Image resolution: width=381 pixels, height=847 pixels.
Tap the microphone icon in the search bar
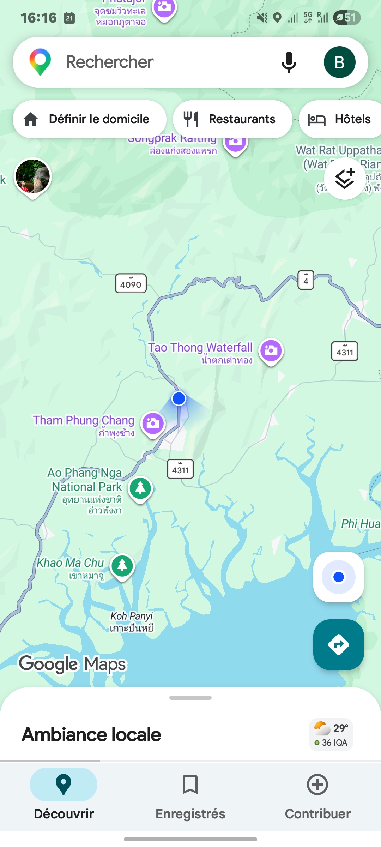point(289,62)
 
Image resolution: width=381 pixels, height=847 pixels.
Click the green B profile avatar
point(339,62)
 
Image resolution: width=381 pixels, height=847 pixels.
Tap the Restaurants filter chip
point(232,119)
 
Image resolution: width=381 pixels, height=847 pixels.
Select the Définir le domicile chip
point(90,119)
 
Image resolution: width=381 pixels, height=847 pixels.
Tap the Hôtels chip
point(340,119)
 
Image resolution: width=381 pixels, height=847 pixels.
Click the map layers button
point(345,179)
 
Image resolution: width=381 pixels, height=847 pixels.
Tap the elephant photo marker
point(33,176)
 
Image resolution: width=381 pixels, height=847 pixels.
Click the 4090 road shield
point(131,284)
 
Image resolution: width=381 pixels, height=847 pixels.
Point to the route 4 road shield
point(306,281)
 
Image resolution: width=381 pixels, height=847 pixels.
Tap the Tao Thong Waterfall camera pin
point(271,350)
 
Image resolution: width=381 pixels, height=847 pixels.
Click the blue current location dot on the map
point(179,398)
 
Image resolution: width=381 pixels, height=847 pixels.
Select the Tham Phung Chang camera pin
point(153,423)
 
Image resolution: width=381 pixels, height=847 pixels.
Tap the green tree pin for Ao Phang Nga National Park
point(140,488)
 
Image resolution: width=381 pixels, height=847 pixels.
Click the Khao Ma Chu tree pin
point(122,566)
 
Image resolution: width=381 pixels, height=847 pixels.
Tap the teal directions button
point(338,645)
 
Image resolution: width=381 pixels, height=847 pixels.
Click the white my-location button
point(338,577)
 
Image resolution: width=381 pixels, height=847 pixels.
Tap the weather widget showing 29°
point(331,735)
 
